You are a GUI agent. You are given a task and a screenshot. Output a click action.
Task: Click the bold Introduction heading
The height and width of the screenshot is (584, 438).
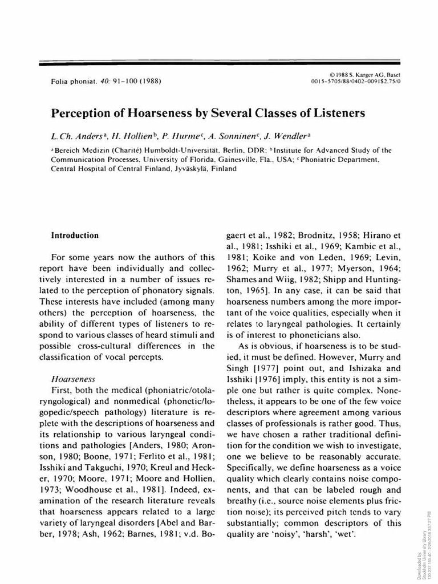tap(75, 235)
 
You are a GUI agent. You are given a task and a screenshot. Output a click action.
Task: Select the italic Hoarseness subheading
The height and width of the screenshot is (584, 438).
tap(73, 378)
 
